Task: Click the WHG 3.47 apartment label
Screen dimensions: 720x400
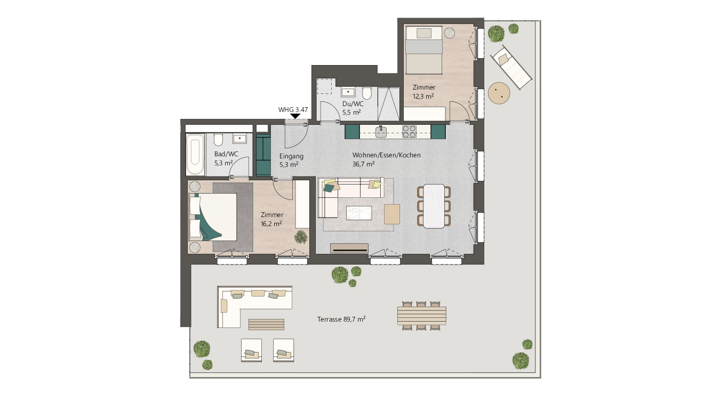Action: click(293, 110)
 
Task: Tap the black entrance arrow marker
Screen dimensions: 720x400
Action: click(295, 116)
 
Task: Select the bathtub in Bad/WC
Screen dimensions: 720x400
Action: click(195, 154)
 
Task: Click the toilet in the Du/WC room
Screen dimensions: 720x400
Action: click(367, 93)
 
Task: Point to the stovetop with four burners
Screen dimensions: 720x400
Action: click(409, 132)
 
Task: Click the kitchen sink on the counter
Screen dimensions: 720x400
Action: click(381, 132)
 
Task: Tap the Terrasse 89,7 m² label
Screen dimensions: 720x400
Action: click(341, 319)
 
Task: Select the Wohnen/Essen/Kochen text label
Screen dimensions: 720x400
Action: click(386, 155)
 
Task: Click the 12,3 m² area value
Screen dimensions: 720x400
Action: click(423, 96)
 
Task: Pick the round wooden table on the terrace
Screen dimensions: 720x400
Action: click(499, 93)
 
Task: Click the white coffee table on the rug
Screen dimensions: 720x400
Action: click(359, 213)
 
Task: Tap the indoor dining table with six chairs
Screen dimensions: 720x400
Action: click(434, 206)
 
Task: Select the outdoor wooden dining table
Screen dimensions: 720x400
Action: click(422, 316)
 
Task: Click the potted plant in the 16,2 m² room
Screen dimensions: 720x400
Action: click(301, 237)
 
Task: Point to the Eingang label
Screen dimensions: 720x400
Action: click(291, 156)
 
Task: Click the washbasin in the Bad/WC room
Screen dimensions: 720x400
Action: click(239, 139)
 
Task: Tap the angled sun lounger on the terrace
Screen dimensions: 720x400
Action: click(511, 67)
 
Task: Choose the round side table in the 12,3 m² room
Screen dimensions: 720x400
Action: click(450, 33)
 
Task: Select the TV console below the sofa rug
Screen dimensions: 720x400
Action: click(349, 248)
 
